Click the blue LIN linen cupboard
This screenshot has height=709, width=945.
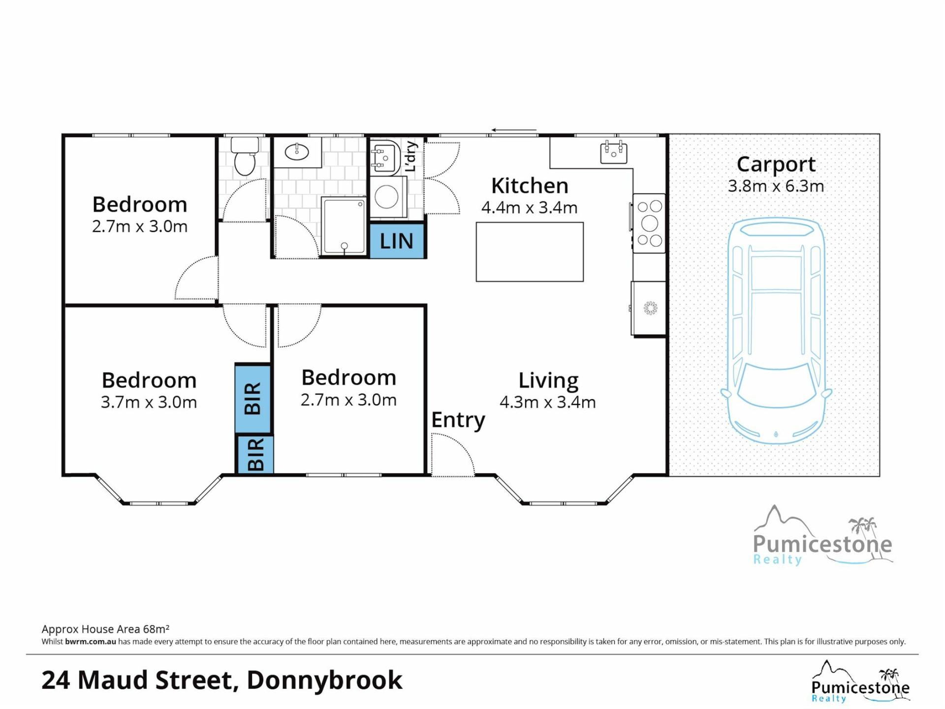[x=397, y=241]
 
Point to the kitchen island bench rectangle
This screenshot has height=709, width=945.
[x=530, y=252]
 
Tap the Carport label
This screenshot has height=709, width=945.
[x=776, y=164]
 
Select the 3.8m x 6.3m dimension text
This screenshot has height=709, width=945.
[x=776, y=186]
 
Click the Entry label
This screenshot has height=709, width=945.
[x=458, y=420]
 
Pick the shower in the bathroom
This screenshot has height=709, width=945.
[x=344, y=226]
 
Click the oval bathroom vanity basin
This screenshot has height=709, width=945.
[x=297, y=152]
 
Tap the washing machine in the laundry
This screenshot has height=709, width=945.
[x=388, y=197]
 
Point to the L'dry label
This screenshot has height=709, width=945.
[x=410, y=157]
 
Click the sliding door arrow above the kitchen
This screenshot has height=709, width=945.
[x=514, y=130]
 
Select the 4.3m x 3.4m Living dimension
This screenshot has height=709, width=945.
[x=548, y=402]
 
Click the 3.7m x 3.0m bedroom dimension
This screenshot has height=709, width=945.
[x=149, y=402]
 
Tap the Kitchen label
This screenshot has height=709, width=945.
[x=530, y=186]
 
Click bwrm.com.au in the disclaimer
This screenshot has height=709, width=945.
[x=91, y=642]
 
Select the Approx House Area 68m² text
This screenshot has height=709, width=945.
[x=105, y=629]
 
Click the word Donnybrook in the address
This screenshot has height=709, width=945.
[x=324, y=680]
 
